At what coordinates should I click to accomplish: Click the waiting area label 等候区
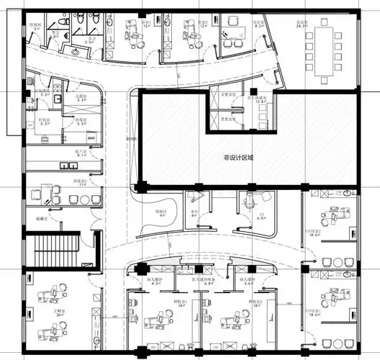click(x=162, y=212)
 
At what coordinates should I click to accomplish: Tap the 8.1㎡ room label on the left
click(x=82, y=155)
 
